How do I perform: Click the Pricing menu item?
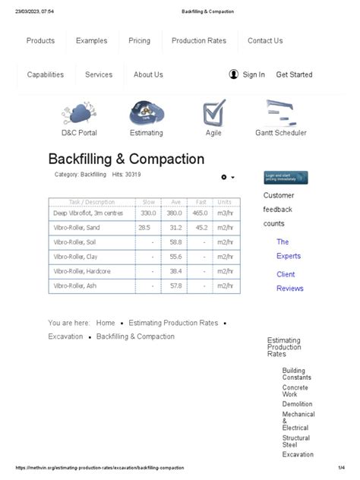[x=139, y=41]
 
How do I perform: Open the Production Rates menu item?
[x=199, y=41]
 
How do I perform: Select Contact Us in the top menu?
[x=265, y=41]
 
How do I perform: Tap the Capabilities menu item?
[x=46, y=74]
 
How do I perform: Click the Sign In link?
[x=254, y=74]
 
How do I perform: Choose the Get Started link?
[x=294, y=74]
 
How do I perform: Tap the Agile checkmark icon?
[x=213, y=113]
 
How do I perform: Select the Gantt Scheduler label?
[x=281, y=133]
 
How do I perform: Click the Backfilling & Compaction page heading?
[x=126, y=159]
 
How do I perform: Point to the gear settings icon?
[x=224, y=177]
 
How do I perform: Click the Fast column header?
[x=201, y=202]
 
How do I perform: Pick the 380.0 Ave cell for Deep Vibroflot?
[x=175, y=213]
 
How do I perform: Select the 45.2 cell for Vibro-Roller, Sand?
[x=201, y=228]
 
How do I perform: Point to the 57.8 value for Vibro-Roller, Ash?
[x=175, y=286]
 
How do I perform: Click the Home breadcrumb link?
[x=106, y=323]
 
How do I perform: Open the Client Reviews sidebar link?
[x=289, y=281]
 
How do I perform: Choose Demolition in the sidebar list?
[x=297, y=405]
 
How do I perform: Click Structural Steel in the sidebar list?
[x=296, y=442]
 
